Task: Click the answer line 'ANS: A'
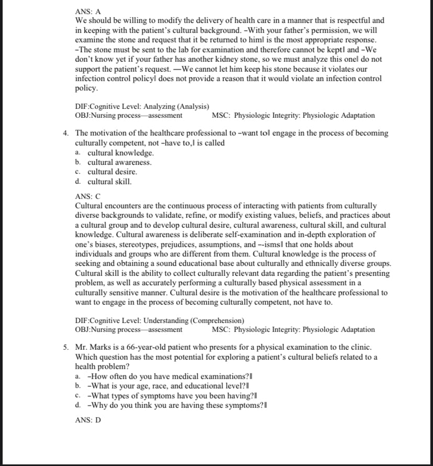[88, 11]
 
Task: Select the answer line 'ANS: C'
[88, 196]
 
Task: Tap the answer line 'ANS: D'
[88, 420]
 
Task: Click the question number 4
[66, 133]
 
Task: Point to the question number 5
[66, 347]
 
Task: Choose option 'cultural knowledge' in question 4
[120, 153]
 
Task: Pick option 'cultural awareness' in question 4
[119, 162]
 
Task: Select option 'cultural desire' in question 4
[112, 172]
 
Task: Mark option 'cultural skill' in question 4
[109, 182]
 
